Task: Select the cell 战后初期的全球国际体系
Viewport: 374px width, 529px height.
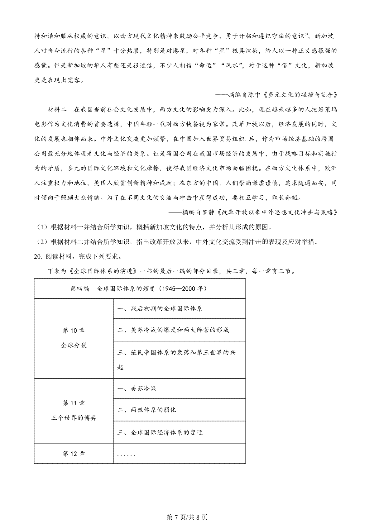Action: pos(160,309)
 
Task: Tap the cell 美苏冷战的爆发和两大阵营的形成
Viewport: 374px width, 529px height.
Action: pos(173,330)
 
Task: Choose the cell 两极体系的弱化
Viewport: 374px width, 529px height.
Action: pos(147,410)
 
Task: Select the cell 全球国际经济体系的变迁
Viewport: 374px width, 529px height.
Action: pos(160,432)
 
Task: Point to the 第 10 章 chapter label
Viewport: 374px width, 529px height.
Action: pos(74,330)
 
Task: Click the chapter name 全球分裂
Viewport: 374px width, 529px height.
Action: pos(74,345)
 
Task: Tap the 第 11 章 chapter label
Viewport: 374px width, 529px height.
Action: pos(74,403)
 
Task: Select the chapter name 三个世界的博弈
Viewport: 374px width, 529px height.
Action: pos(74,418)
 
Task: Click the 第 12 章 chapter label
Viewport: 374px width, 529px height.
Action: pos(74,454)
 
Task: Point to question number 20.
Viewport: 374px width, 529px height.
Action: pos(38,257)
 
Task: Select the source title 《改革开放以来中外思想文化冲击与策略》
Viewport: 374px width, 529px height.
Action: pos(277,212)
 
